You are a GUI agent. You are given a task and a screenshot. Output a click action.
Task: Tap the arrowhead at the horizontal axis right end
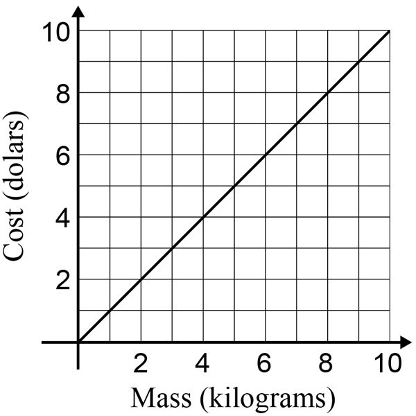pyautogui.click(x=406, y=343)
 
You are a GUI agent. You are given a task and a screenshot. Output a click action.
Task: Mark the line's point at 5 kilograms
pyautogui.click(x=234, y=187)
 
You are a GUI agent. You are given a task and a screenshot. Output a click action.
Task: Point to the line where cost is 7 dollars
pyautogui.click(x=297, y=124)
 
